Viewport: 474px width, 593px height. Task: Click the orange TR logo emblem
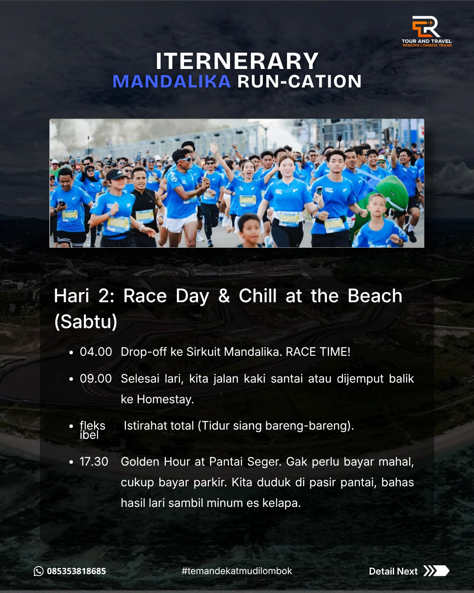click(x=426, y=26)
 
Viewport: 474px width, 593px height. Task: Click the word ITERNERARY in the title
click(x=237, y=61)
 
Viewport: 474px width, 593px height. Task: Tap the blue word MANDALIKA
click(x=172, y=81)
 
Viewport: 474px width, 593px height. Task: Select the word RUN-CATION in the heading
click(x=299, y=81)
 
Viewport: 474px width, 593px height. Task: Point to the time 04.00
click(x=96, y=352)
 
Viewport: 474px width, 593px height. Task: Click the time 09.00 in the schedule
click(x=96, y=379)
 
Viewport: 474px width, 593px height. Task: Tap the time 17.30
click(x=94, y=462)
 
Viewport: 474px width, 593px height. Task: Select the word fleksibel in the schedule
click(x=93, y=430)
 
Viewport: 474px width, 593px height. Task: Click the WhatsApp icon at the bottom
click(x=39, y=571)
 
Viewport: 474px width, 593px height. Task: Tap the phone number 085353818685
click(x=76, y=571)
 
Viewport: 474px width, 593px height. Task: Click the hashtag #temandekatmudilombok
click(x=237, y=571)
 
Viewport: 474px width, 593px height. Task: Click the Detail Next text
click(x=393, y=571)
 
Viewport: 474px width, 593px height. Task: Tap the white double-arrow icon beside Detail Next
click(x=436, y=571)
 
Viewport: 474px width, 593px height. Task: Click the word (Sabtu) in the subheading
click(x=86, y=322)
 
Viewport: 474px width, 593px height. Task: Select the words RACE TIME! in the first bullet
click(x=318, y=352)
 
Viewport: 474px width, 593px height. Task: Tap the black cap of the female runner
click(x=116, y=174)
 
